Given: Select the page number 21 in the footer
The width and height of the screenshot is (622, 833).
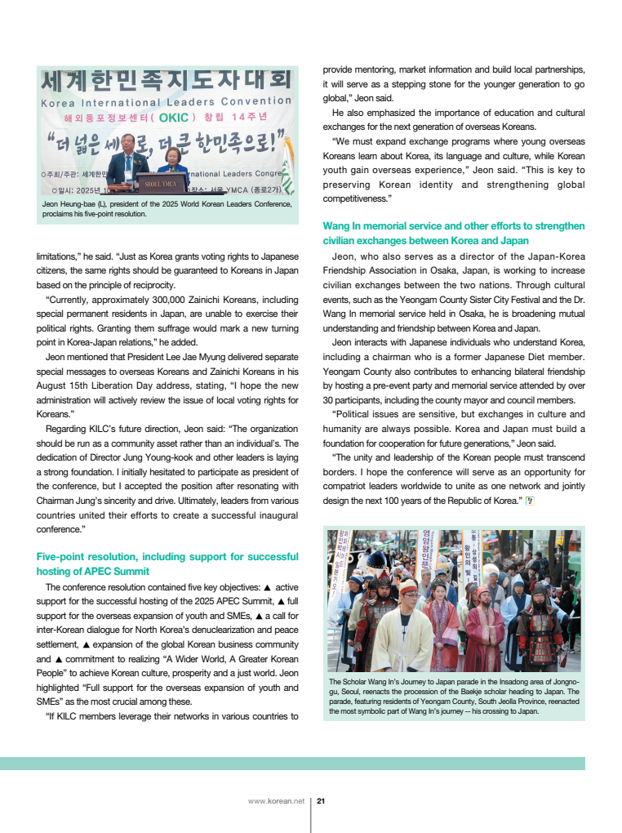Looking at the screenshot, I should click(321, 800).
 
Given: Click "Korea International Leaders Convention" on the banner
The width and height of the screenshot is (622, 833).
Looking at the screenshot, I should click(167, 102).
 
